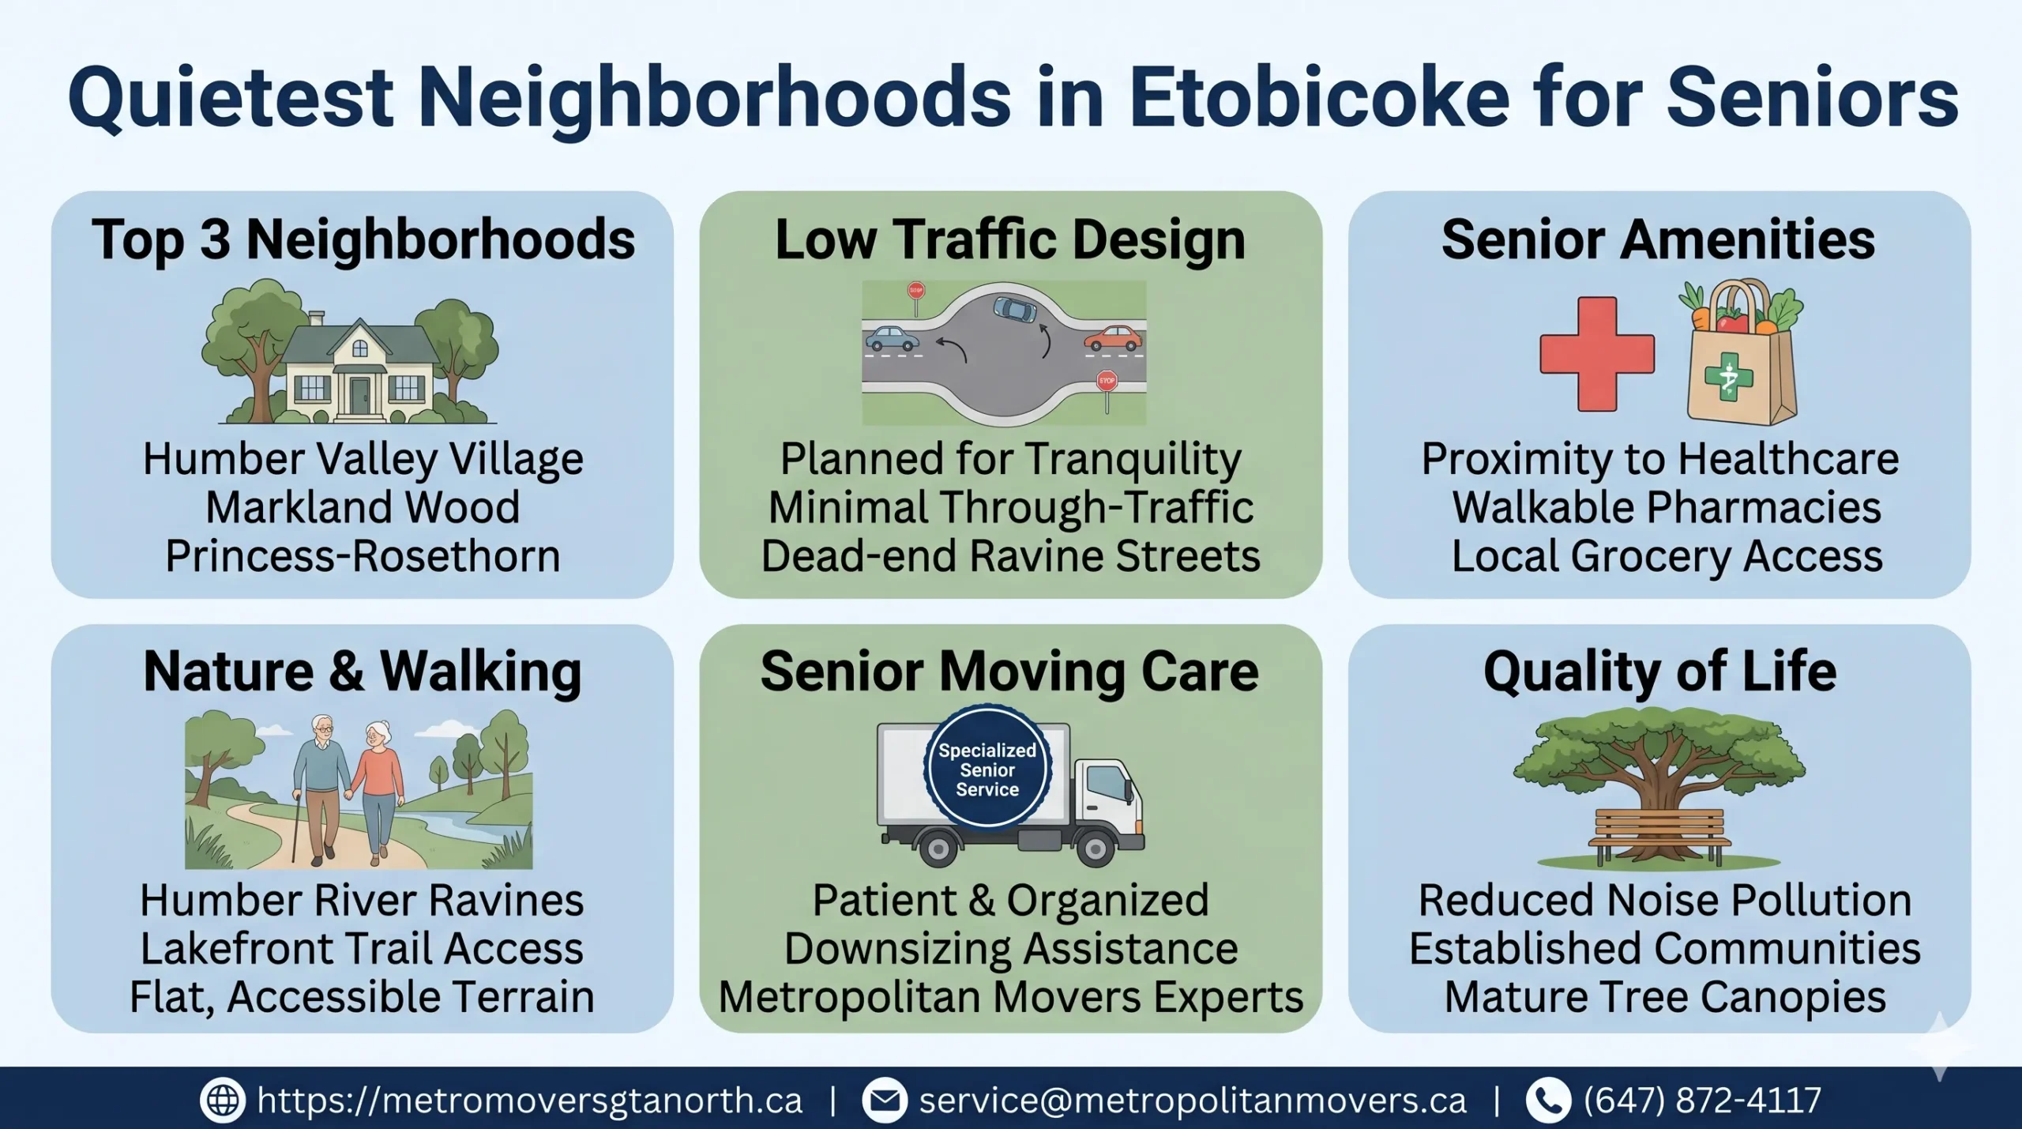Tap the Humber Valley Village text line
363,459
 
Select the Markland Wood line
363,507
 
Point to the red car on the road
1113,338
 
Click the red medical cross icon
1596,353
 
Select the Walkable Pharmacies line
1667,507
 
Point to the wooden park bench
1659,835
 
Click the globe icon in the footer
223,1100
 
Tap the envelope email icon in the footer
885,1100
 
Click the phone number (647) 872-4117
1702,1100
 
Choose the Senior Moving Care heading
1009,672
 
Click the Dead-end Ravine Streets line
1010,556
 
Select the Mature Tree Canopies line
1665,997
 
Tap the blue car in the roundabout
1014,308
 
